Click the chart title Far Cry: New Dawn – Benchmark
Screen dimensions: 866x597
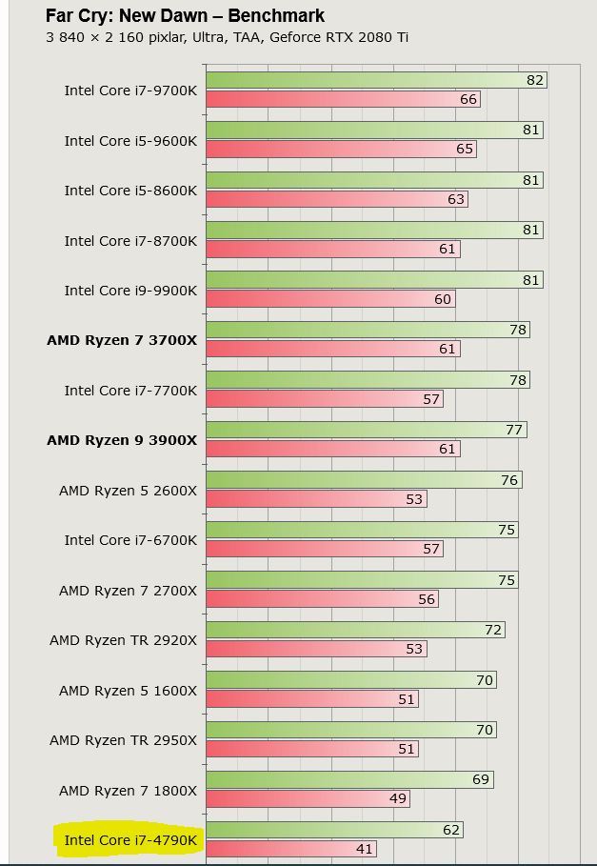[x=185, y=16]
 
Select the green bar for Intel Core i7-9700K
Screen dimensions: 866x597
[x=362, y=80]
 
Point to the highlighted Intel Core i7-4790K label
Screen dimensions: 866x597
[x=130, y=839]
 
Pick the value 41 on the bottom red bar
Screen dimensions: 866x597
[x=365, y=849]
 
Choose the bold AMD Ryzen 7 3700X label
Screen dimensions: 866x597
[x=122, y=340]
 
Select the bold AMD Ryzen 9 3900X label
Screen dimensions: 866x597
[x=122, y=440]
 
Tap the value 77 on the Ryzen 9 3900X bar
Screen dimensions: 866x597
[x=514, y=430]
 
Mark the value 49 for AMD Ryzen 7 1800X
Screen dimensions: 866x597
[x=398, y=798]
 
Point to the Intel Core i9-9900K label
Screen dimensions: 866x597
[x=130, y=291]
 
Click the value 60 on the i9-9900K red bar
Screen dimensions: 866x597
[x=443, y=299]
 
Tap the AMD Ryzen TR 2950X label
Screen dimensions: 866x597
[x=124, y=739]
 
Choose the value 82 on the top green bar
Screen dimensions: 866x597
[x=535, y=80]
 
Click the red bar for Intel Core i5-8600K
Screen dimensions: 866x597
[x=324, y=199]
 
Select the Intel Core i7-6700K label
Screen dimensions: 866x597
[x=130, y=540]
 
